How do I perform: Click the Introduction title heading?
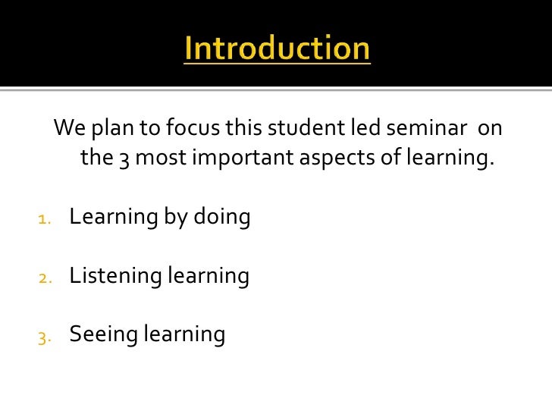pyautogui.click(x=277, y=49)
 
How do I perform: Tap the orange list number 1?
pyautogui.click(x=44, y=220)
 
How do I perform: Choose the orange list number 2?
pyautogui.click(x=44, y=278)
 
